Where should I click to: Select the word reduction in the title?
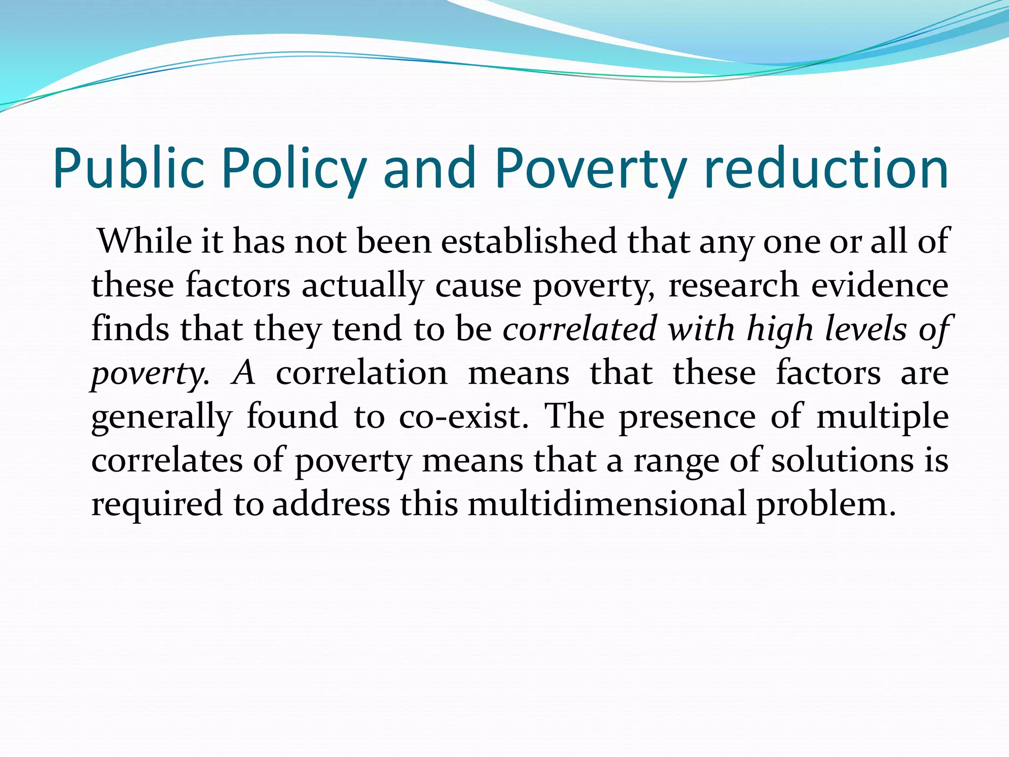pyautogui.click(x=826, y=169)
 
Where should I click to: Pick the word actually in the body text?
pyautogui.click(x=363, y=285)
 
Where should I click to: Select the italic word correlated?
pyautogui.click(x=579, y=329)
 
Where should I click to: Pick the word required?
pyautogui.click(x=157, y=504)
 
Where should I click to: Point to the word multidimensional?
pyautogui.click(x=606, y=504)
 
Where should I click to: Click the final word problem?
pyautogui.click(x=826, y=504)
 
